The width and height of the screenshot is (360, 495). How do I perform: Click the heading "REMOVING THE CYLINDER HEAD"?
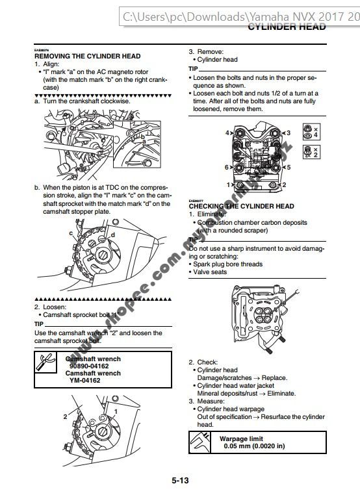pyautogui.click(x=87, y=57)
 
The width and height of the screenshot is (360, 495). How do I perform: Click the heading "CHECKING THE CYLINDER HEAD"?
pyautogui.click(x=241, y=206)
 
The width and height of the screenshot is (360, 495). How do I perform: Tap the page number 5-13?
pyautogui.click(x=180, y=481)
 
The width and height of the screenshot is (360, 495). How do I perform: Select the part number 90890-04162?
pyautogui.click(x=92, y=366)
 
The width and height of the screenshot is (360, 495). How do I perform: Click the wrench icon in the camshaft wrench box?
pyautogui.click(x=48, y=364)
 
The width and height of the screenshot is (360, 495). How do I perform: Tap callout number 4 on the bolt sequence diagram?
pyautogui.click(x=227, y=133)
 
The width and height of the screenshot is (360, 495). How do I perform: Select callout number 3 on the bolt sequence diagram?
pyautogui.click(x=288, y=133)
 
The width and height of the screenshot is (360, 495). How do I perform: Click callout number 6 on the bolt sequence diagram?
pyautogui.click(x=227, y=167)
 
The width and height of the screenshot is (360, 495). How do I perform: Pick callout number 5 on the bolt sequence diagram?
pyautogui.click(x=288, y=167)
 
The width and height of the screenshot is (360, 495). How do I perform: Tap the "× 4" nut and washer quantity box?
pyautogui.click(x=311, y=132)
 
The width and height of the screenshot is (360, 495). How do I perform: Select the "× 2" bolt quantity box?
pyautogui.click(x=311, y=152)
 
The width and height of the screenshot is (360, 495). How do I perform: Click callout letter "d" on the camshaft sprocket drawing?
pyautogui.click(x=112, y=235)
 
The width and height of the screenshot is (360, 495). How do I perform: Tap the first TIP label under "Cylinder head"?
pyautogui.click(x=193, y=68)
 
